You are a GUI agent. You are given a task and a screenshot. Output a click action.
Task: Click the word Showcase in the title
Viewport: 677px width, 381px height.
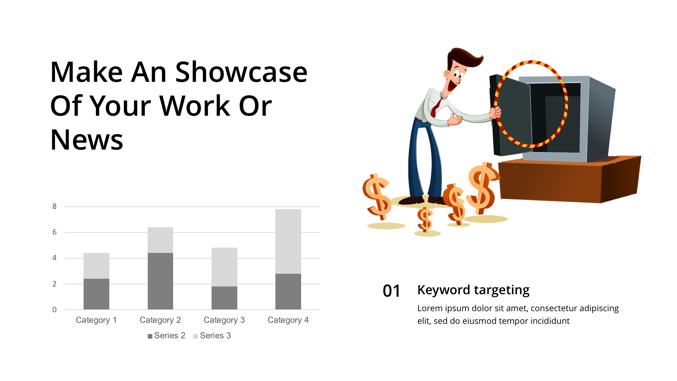(242, 72)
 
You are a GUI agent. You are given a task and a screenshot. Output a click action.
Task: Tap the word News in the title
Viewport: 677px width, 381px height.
(87, 140)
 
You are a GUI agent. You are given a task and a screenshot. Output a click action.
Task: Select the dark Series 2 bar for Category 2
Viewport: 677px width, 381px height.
(160, 281)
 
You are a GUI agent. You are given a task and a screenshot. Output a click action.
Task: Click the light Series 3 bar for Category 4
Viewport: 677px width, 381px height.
(288, 241)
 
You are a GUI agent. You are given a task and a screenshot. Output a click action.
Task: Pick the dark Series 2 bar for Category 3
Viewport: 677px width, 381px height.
(224, 298)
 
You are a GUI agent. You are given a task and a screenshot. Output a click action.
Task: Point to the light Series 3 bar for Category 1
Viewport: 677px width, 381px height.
(96, 266)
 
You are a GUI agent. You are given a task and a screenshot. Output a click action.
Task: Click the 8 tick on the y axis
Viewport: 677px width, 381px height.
(54, 206)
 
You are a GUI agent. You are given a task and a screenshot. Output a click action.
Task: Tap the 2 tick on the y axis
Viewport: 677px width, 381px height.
(54, 284)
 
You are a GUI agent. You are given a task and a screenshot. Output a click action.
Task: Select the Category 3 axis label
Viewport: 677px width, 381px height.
(224, 320)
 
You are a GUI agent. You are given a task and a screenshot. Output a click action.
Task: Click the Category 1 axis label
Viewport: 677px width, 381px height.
(96, 320)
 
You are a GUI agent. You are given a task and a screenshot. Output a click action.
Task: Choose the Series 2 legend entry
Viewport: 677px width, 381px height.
(166, 335)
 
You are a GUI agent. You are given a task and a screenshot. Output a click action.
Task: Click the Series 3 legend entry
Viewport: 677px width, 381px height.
(212, 335)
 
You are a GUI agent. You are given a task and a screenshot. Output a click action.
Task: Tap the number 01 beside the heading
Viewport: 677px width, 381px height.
(391, 291)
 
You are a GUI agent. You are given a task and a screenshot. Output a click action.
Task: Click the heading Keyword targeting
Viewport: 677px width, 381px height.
(473, 290)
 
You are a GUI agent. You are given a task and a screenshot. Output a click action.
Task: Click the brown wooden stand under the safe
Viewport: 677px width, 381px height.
(569, 180)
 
